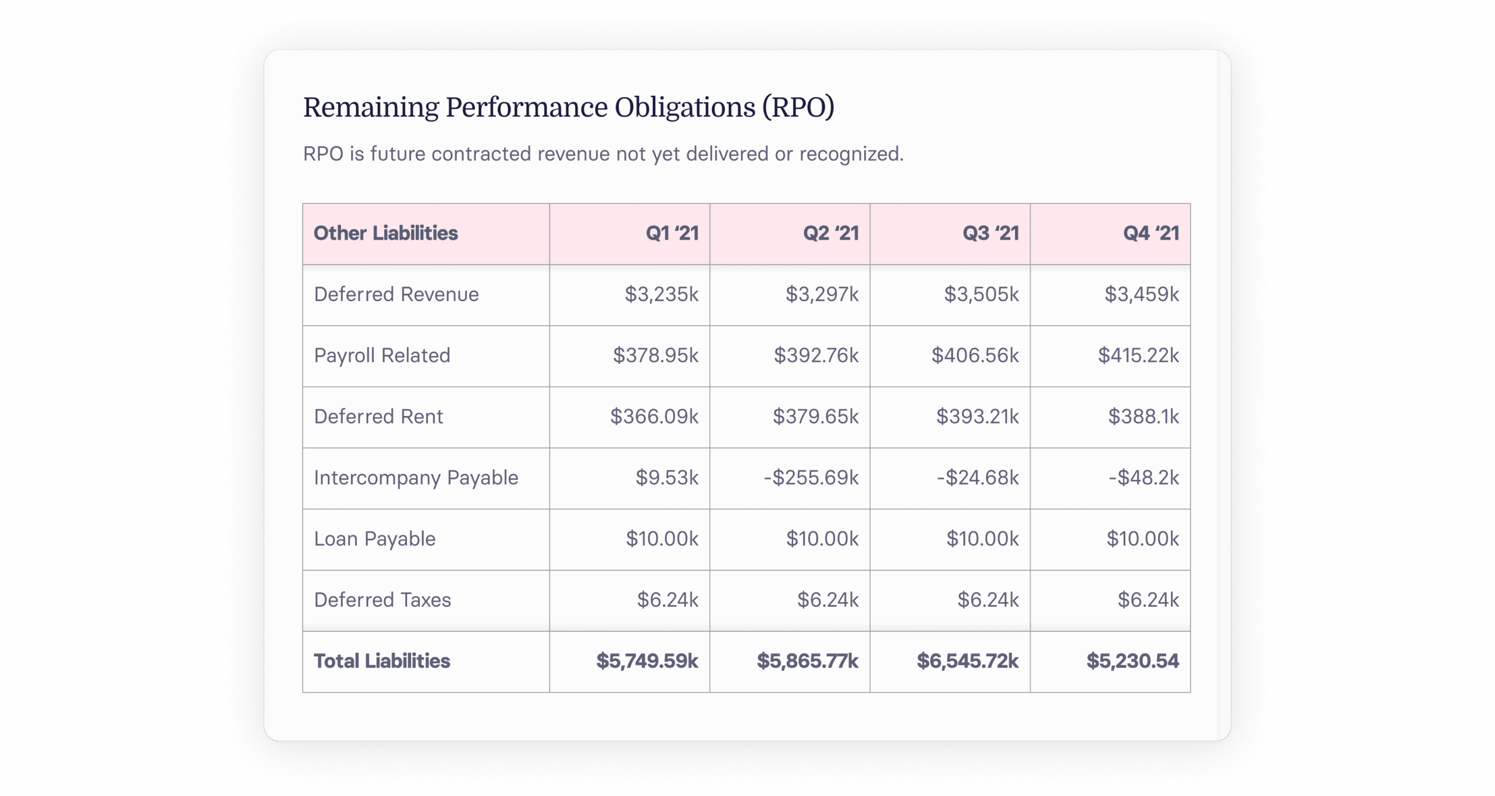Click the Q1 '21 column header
pyautogui.click(x=672, y=233)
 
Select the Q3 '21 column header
pyautogui.click(x=990, y=233)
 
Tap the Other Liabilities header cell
pyautogui.click(x=385, y=233)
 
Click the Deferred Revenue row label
pyautogui.click(x=396, y=294)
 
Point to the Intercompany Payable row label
pyautogui.click(x=416, y=477)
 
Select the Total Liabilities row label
pyautogui.click(x=382, y=661)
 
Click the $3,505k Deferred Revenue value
pyautogui.click(x=981, y=294)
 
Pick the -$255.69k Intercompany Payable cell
pyautogui.click(x=811, y=477)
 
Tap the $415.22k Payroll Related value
pyautogui.click(x=1138, y=355)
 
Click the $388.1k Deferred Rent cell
pyautogui.click(x=1143, y=416)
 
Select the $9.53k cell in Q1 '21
pyautogui.click(x=667, y=477)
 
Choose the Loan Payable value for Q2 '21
pyautogui.click(x=822, y=538)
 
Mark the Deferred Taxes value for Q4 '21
pyautogui.click(x=1148, y=600)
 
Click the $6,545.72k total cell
pyautogui.click(x=967, y=661)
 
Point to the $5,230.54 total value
pyautogui.click(x=1132, y=661)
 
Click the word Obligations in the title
pyautogui.click(x=684, y=108)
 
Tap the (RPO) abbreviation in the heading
pyautogui.click(x=798, y=108)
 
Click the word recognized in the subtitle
pyautogui.click(x=851, y=154)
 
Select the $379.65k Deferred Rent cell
pyautogui.click(x=815, y=416)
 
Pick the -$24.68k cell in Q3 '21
pyautogui.click(x=978, y=477)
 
